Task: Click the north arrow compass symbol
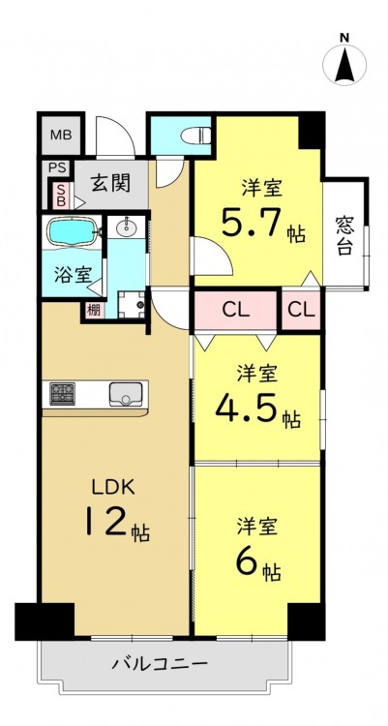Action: click(x=344, y=64)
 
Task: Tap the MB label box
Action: click(x=61, y=136)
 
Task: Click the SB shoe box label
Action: click(x=61, y=195)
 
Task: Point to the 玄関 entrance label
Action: click(x=110, y=183)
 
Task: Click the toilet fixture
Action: click(x=195, y=136)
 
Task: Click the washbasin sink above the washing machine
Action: click(x=126, y=227)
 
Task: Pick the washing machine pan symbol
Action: click(x=131, y=305)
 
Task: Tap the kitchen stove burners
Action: click(x=62, y=394)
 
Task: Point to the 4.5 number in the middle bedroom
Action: click(x=247, y=408)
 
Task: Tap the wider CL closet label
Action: click(x=236, y=310)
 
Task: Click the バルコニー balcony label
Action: click(x=160, y=664)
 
